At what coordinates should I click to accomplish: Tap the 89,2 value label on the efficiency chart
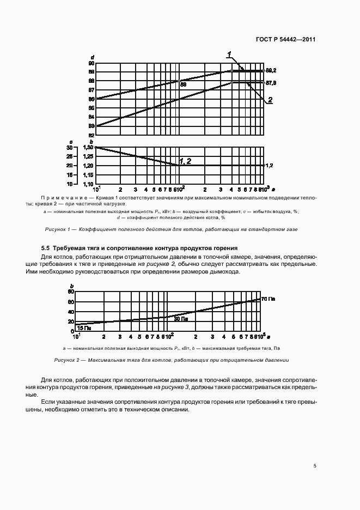tap(271, 71)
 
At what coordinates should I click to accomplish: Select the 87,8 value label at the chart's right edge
tap(271, 83)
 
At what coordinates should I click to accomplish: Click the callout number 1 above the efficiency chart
tap(230, 53)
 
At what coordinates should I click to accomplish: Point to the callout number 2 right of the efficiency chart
tap(270, 100)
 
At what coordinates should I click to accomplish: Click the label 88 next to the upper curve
tap(183, 84)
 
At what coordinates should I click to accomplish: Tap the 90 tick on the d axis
tap(91, 63)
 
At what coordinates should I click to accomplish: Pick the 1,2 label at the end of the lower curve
tap(269, 165)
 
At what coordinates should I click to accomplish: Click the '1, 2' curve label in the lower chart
tap(185, 161)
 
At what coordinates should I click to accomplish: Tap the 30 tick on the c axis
tap(69, 148)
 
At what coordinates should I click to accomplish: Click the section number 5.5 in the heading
tap(46, 248)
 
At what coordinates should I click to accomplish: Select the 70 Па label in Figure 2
tap(267, 299)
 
